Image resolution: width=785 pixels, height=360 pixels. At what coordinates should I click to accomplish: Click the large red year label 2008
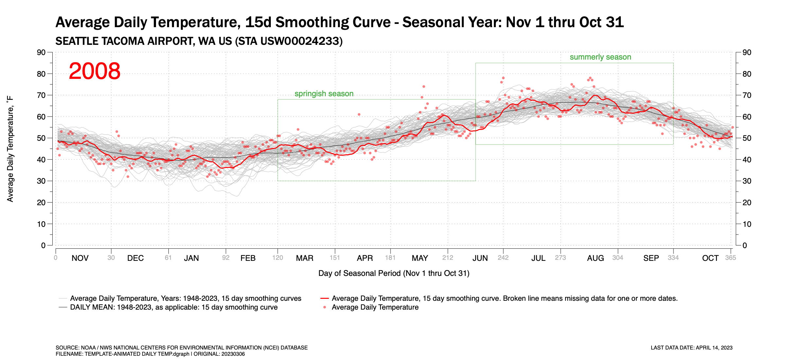[x=95, y=71]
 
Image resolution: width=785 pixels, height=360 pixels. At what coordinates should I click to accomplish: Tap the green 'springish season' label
[x=324, y=94]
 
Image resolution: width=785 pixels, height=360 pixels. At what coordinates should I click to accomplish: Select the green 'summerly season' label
[x=600, y=57]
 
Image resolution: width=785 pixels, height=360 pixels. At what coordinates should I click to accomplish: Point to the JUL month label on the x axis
[x=538, y=258]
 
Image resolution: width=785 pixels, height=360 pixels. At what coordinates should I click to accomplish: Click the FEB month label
[x=248, y=258]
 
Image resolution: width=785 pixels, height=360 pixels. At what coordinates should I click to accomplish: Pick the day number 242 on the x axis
[x=503, y=258]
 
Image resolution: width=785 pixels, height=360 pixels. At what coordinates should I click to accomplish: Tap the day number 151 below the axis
[x=335, y=258]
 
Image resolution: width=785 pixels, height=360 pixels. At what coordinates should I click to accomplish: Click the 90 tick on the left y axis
[x=41, y=52]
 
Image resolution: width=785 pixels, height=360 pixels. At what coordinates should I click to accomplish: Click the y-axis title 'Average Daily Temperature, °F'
[x=10, y=149]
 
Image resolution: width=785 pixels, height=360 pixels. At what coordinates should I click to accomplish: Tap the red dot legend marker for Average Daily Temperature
[x=324, y=307]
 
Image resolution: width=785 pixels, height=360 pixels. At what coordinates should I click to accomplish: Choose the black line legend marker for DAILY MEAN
[x=63, y=307]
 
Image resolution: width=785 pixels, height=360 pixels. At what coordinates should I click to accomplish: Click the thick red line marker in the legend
[x=324, y=298]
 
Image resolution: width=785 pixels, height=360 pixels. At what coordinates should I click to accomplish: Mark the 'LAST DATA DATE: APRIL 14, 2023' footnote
[x=691, y=348]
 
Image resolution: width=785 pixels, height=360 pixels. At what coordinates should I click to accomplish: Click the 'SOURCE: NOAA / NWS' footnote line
[x=182, y=348]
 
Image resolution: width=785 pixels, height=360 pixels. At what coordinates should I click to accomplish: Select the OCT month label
[x=710, y=258]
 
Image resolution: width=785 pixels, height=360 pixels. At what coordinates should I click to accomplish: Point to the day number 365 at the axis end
[x=730, y=258]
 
